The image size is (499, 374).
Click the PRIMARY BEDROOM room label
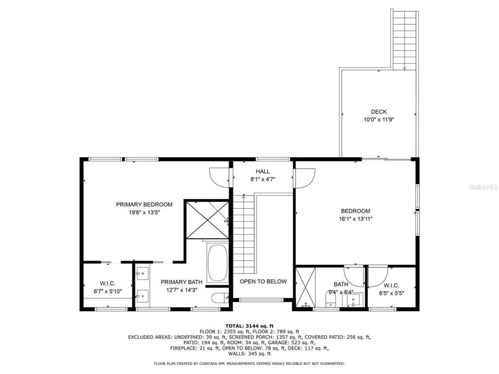pos(144,205)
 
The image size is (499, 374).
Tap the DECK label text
pos(379,112)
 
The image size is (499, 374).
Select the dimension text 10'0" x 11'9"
pos(379,120)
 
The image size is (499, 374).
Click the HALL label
pos(262,171)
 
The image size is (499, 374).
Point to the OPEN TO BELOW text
pos(263,281)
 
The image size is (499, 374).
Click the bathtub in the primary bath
pos(218,263)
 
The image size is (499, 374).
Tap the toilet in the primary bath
pos(219,298)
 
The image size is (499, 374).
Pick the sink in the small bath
pos(354,300)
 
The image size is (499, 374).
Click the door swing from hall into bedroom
pos(304,178)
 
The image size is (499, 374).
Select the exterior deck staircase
pos(405,39)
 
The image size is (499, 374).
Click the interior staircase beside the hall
pos(243,234)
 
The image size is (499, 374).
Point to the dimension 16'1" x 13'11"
pos(355,219)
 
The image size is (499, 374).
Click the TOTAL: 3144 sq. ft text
pos(249,326)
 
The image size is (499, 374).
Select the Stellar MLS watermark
pos(483,187)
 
